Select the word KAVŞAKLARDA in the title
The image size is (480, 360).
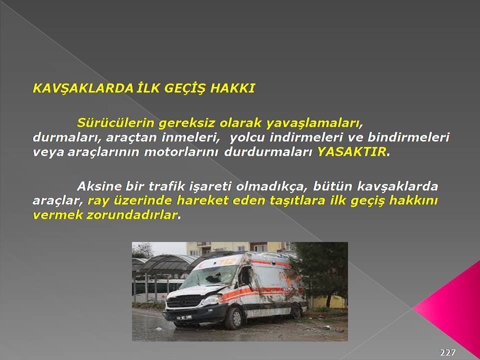point(83,89)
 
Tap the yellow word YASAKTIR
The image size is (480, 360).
point(351,151)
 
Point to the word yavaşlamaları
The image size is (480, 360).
point(311,123)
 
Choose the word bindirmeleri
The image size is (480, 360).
point(408,137)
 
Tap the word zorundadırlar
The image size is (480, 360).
point(131,214)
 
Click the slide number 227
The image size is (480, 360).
point(447,352)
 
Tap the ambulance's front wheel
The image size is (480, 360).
point(234,318)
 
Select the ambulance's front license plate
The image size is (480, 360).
point(184,317)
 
